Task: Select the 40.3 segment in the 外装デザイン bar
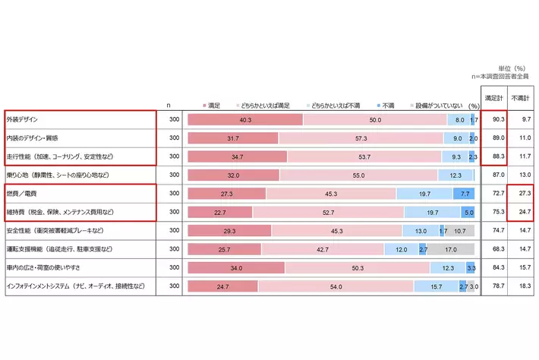click(244, 120)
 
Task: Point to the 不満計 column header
click(520, 98)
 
